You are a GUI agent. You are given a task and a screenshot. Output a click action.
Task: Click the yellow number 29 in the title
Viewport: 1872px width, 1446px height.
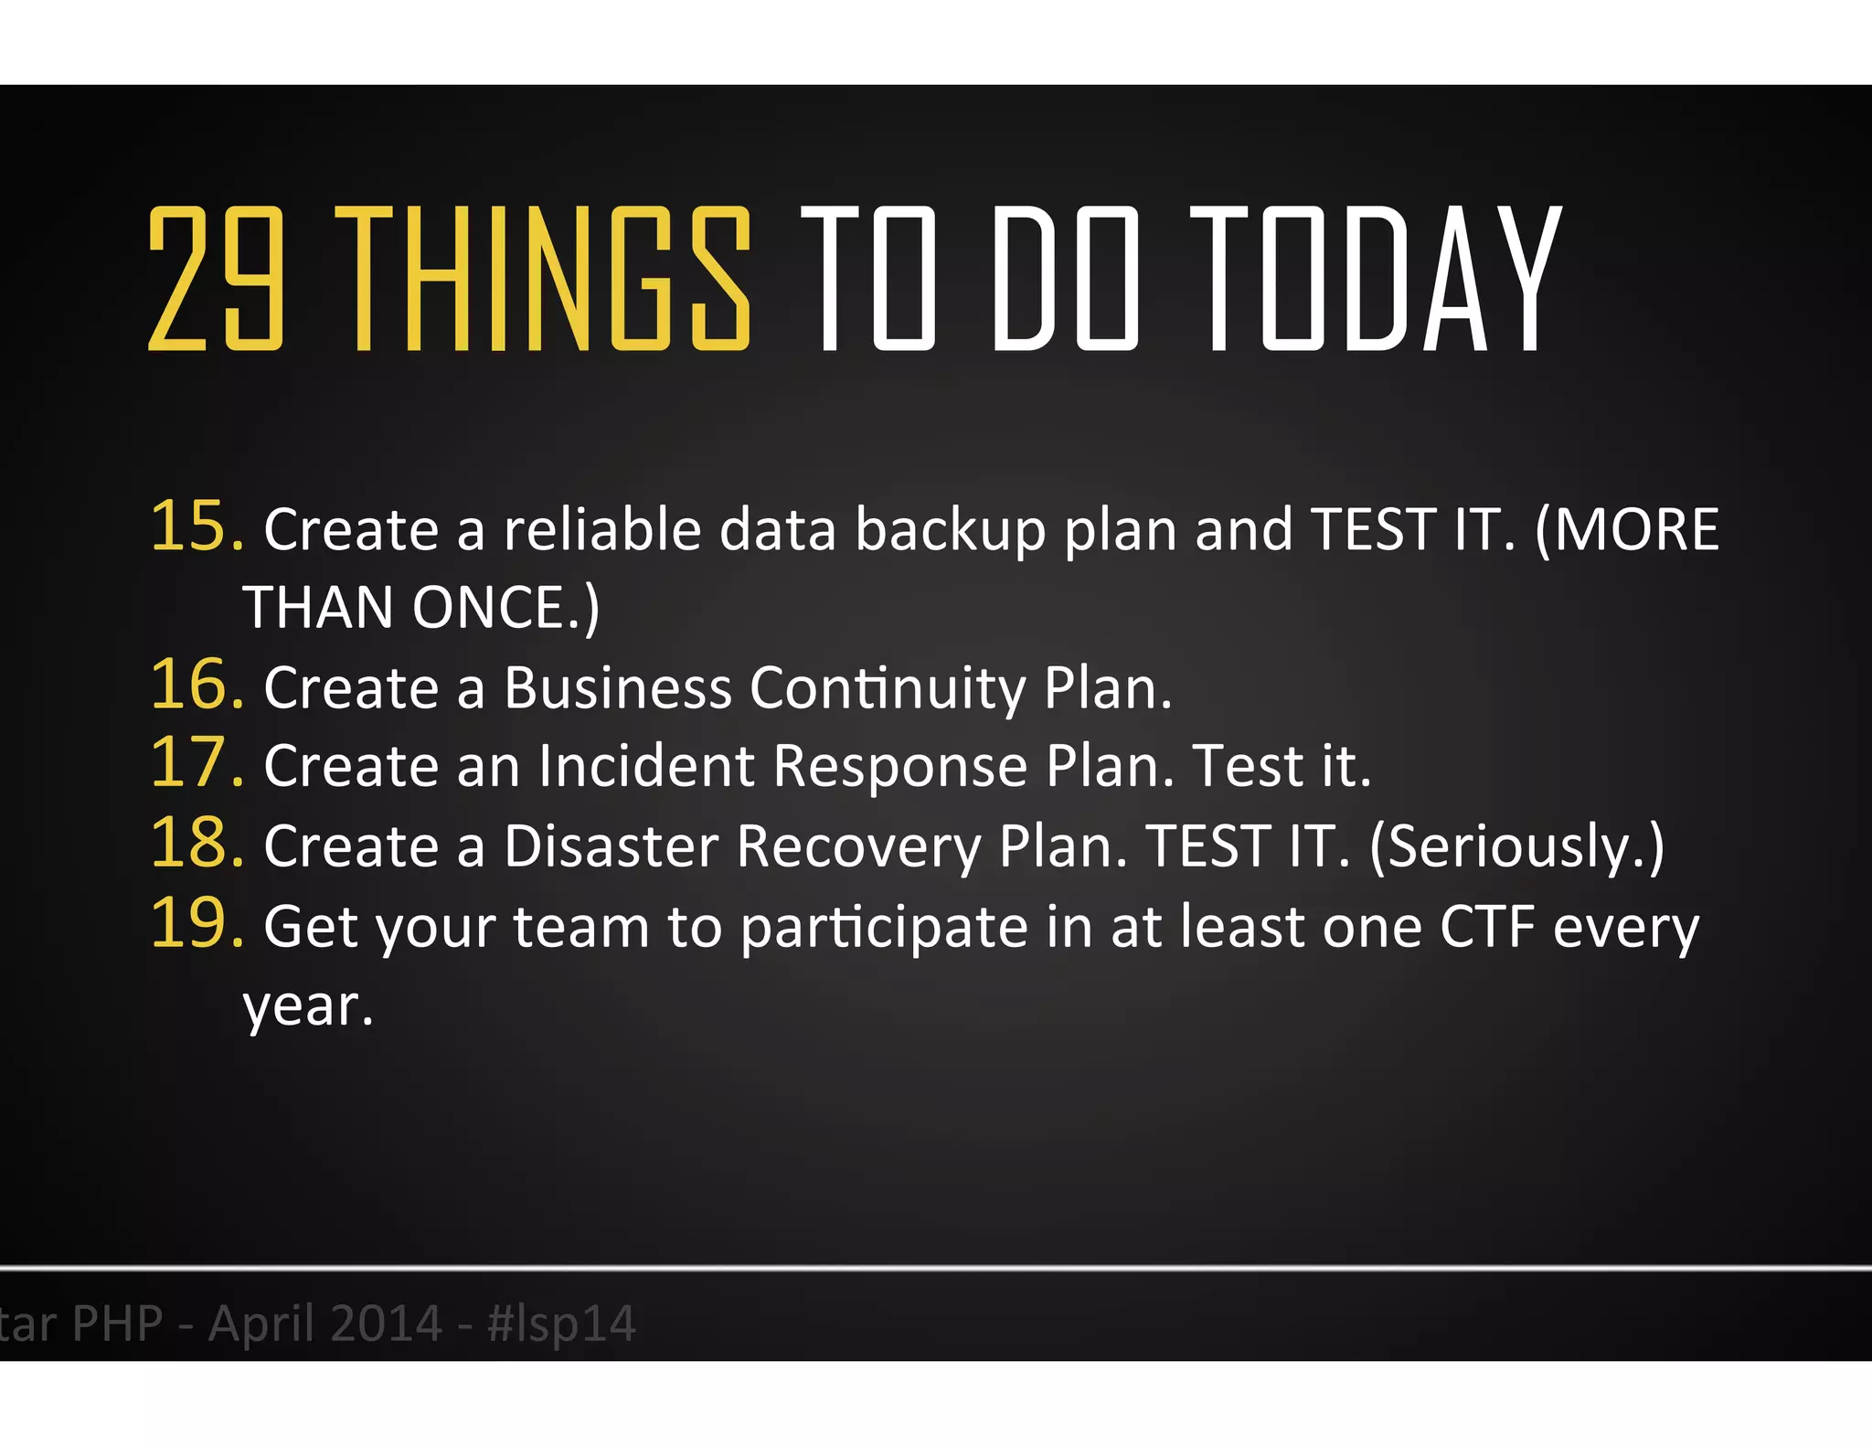click(x=216, y=279)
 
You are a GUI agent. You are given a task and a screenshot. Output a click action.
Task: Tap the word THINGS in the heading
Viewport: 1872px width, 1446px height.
click(x=543, y=279)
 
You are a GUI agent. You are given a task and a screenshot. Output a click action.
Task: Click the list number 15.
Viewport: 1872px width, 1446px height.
click(x=196, y=527)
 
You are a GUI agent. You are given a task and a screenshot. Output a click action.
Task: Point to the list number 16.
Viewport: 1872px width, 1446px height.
click(x=196, y=686)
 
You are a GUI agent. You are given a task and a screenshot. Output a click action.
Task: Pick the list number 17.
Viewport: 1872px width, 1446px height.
click(x=196, y=763)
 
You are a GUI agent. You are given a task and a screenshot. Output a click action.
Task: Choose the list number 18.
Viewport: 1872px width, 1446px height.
click(x=196, y=844)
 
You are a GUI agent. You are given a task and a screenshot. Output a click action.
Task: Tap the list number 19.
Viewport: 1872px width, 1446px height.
click(x=196, y=924)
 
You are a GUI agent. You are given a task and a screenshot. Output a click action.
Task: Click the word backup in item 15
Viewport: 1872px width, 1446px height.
click(x=950, y=530)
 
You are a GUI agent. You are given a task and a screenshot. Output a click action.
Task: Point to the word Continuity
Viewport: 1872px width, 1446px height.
click(x=888, y=687)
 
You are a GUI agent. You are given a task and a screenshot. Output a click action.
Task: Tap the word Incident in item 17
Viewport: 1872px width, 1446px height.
click(x=645, y=766)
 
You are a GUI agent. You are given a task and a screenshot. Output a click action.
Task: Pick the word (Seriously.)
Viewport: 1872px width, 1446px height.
click(x=1517, y=846)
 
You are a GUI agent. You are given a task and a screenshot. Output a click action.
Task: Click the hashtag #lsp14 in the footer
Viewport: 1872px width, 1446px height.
click(x=561, y=1324)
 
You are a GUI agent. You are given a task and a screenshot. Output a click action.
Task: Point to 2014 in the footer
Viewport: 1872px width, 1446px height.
click(x=384, y=1324)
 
